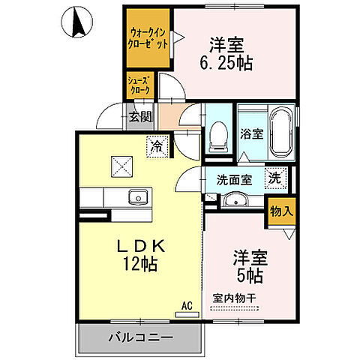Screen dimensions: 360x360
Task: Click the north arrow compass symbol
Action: coord(78,22)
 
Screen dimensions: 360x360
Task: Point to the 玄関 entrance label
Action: coord(139,116)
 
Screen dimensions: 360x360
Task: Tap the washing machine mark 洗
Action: coord(276,178)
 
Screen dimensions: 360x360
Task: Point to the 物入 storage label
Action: coord(281,211)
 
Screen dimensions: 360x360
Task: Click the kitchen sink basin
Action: coord(137,198)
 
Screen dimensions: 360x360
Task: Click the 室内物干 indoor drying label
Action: coord(235,298)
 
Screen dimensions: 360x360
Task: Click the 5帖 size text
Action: coord(247,276)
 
